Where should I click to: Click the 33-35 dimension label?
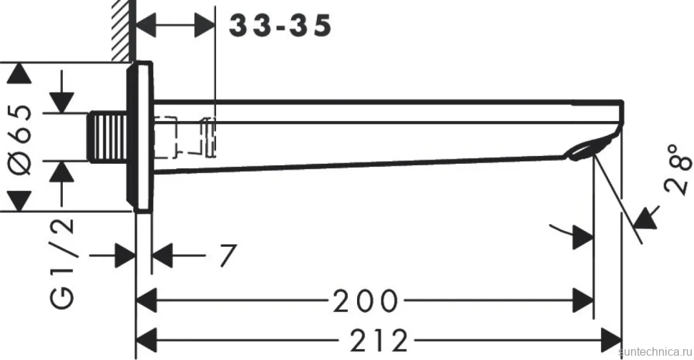tap(280, 25)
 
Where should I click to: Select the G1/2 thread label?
tap(62, 263)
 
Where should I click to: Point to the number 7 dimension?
tap(228, 256)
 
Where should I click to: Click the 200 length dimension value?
tap(366, 301)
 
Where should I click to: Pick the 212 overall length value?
tap(378, 341)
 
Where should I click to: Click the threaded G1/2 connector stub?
tap(109, 137)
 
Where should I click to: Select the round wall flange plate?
tap(141, 135)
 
